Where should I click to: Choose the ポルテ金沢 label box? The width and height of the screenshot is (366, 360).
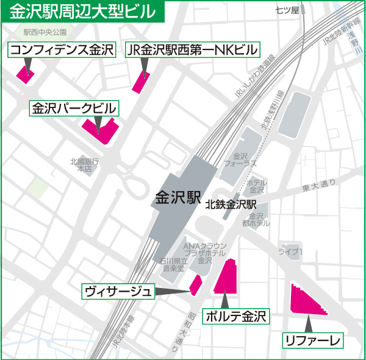pos(237,317)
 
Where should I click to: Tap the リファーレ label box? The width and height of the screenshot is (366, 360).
pos(312,339)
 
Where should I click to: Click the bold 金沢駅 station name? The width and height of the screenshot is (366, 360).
pos(178,198)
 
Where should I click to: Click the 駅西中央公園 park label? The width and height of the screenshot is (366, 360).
pos(45,32)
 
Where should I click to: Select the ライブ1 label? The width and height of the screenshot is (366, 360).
pos(290,251)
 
